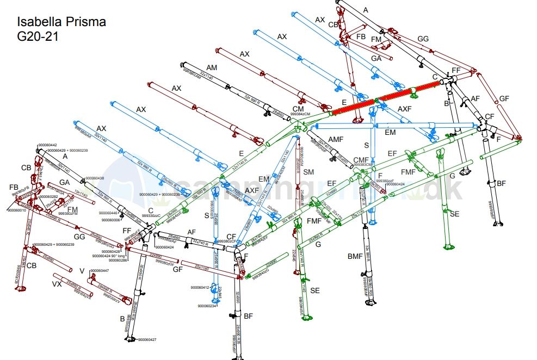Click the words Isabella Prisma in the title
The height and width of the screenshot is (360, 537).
(61, 22)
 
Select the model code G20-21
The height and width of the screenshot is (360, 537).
(38, 36)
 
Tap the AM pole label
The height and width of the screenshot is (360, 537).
(212, 67)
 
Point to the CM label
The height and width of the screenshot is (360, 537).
(298, 109)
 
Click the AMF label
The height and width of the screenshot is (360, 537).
(336, 139)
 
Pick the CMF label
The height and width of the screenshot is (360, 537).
(362, 160)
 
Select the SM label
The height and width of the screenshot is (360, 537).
(309, 172)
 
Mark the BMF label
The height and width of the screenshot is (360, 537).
(355, 256)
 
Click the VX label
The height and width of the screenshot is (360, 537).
(57, 284)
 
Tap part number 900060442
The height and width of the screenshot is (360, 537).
(47, 145)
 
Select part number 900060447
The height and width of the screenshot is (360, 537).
(100, 271)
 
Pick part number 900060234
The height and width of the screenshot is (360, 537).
(207, 306)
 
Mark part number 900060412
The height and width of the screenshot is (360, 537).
(200, 287)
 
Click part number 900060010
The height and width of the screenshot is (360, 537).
(17, 210)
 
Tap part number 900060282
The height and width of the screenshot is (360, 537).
(47, 196)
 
